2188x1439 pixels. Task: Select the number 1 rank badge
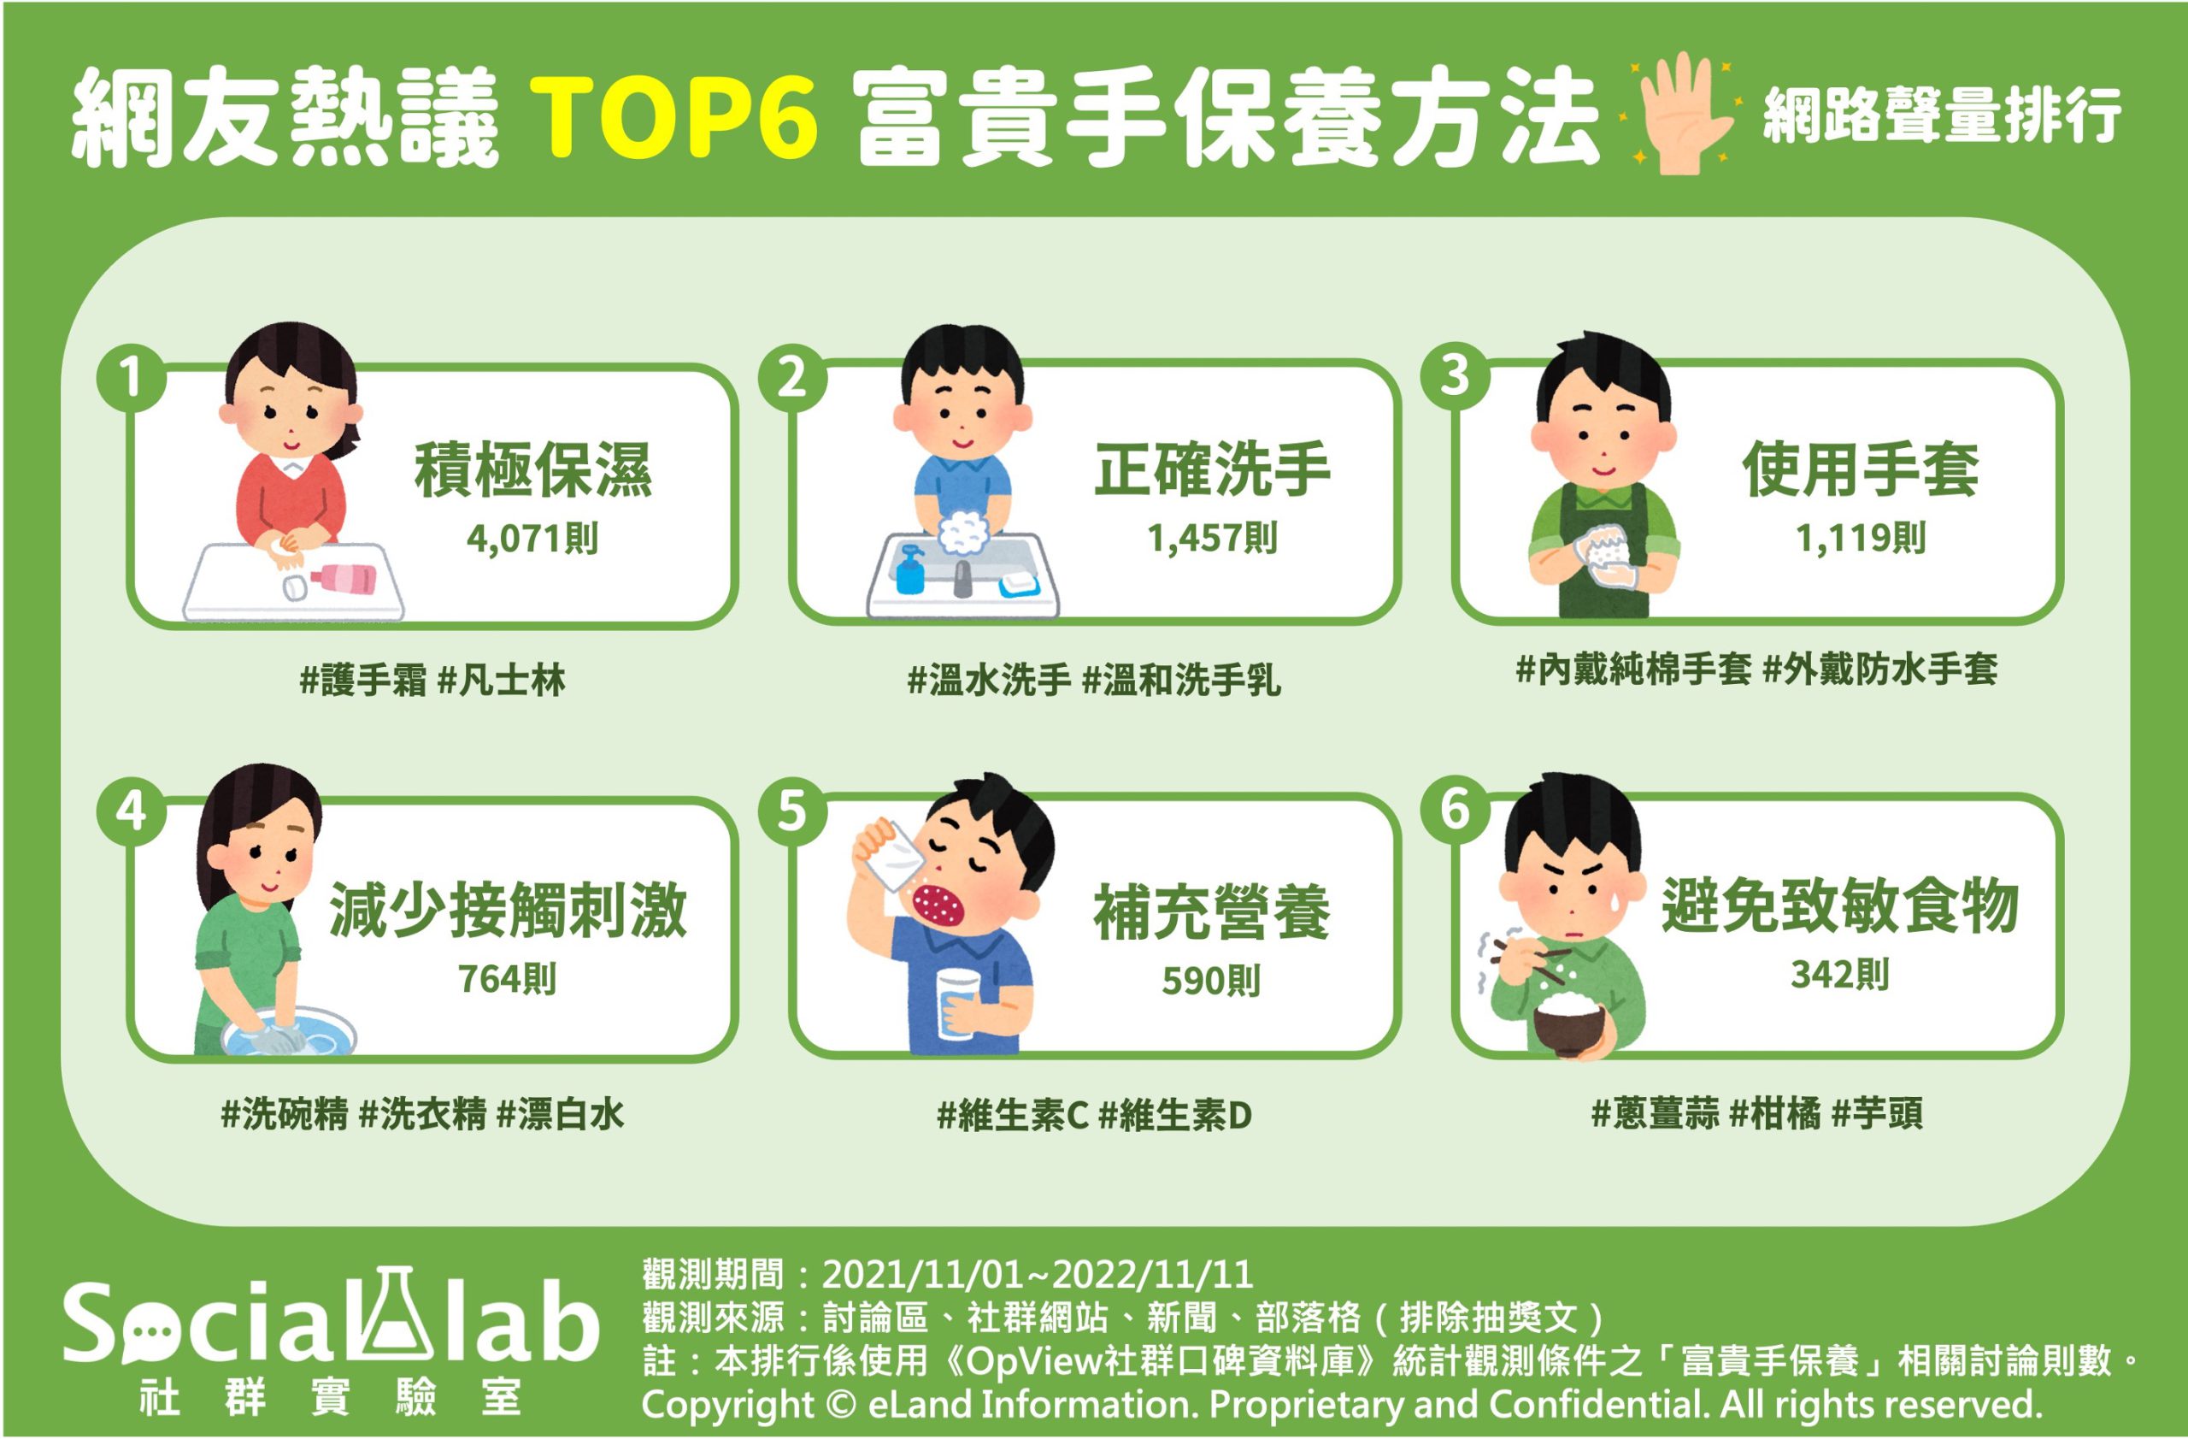point(132,377)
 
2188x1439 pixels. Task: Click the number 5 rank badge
point(792,811)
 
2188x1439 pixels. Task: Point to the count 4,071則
point(532,538)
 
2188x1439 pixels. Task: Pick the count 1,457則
point(1212,538)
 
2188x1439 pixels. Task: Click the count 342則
point(1839,974)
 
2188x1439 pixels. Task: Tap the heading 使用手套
point(1861,469)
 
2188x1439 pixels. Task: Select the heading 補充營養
point(1212,912)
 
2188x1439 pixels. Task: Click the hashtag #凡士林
point(501,681)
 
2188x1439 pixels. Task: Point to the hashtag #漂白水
point(560,1114)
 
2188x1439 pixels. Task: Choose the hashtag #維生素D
point(1175,1115)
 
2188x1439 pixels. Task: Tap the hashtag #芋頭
point(1876,1113)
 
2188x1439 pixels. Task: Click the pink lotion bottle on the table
point(343,578)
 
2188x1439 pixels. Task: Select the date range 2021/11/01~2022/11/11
point(1037,1275)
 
